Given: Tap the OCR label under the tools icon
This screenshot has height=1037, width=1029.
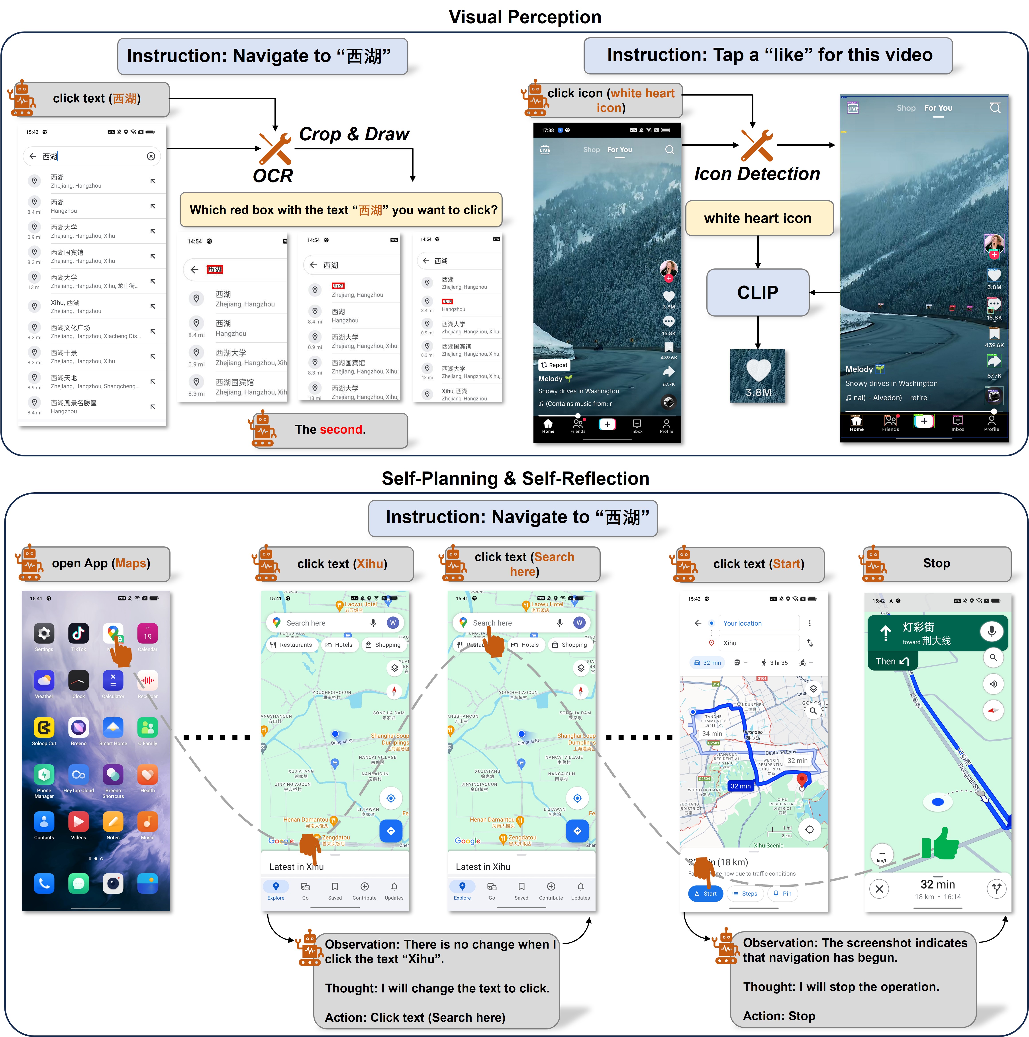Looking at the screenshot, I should point(273,176).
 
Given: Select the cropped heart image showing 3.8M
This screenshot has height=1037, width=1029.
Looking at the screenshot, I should point(757,376).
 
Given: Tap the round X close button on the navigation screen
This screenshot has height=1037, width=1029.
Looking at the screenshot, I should point(879,889).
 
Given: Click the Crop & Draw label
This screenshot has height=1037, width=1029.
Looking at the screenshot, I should point(354,134).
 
